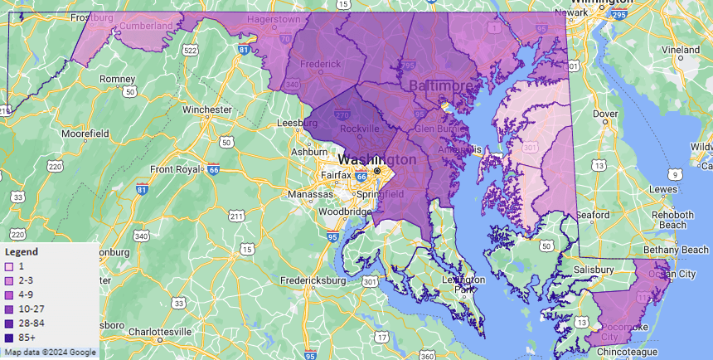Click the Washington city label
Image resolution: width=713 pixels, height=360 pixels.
tap(377, 158)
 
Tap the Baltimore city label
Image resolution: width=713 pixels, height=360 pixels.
tap(444, 86)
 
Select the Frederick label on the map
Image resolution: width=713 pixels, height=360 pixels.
tap(321, 63)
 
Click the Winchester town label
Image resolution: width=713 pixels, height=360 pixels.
tap(207, 109)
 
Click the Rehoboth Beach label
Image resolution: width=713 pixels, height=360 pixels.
tap(672, 220)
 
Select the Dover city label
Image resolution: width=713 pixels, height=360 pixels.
tap(605, 114)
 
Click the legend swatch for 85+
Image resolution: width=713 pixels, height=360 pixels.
tap(9, 338)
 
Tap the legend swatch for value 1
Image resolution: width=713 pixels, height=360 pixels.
tap(9, 267)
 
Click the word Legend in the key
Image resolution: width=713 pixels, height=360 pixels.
tap(22, 251)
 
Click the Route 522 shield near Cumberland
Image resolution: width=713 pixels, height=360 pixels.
tap(191, 51)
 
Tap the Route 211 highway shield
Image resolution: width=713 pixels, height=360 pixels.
tap(237, 216)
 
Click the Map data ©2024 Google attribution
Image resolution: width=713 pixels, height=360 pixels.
tap(50, 353)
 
